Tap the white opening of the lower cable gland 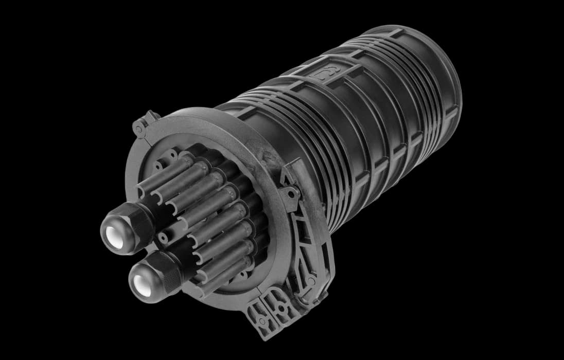click(x=143, y=284)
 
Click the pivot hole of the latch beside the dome click(x=292, y=194)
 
